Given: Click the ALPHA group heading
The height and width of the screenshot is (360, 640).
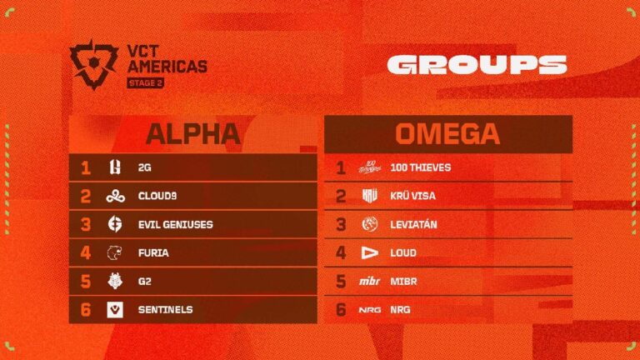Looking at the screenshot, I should [193, 133].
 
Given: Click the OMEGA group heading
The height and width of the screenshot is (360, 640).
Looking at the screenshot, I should [448, 133].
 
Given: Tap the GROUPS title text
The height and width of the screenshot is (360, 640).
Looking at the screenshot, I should [477, 65].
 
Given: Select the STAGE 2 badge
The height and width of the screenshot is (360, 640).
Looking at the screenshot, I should [145, 82].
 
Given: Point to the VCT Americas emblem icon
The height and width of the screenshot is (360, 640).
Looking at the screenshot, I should [93, 64].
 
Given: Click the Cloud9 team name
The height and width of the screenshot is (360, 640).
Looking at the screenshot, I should [159, 196].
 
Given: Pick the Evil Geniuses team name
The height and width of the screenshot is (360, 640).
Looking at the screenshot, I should [177, 224].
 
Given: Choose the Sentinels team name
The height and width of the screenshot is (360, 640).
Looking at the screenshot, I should [166, 309].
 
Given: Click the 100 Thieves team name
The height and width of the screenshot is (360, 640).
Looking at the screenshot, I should [421, 167].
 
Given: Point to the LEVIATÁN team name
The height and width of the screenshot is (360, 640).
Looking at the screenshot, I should [414, 224].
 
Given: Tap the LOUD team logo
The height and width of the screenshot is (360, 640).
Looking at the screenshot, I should [370, 252].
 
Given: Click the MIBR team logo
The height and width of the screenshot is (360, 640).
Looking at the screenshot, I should [370, 282].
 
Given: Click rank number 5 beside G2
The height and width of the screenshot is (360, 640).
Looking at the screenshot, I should [85, 282].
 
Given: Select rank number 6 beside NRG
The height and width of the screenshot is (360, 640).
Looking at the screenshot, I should [339, 310].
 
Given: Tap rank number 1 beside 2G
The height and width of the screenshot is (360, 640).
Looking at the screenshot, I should [85, 167].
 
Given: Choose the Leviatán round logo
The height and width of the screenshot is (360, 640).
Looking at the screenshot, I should [370, 224].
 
